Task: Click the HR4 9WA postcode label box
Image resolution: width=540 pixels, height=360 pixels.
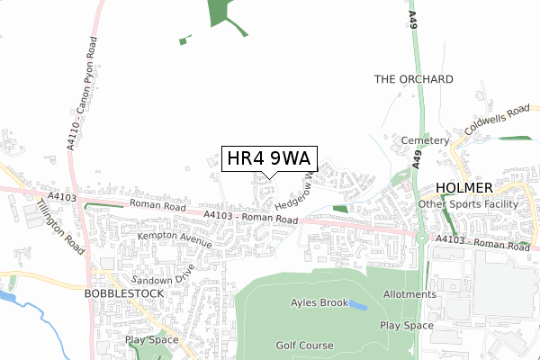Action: click(x=267, y=158)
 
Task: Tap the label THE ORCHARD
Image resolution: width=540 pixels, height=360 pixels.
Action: click(x=413, y=79)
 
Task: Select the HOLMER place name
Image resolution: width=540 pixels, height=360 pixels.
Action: click(x=464, y=187)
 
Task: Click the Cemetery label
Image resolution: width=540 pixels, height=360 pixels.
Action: click(x=426, y=141)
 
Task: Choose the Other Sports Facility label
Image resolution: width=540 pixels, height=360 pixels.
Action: click(x=468, y=204)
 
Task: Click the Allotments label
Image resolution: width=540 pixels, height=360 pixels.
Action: click(x=409, y=294)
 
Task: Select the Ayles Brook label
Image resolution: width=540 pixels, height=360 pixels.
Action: click(x=319, y=303)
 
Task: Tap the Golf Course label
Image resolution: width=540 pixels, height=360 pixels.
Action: click(x=304, y=345)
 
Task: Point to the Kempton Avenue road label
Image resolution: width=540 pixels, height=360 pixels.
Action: click(x=175, y=238)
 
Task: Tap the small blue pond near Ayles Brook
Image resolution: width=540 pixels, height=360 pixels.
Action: click(x=357, y=306)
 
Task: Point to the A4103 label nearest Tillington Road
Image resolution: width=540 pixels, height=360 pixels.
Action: click(x=62, y=195)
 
